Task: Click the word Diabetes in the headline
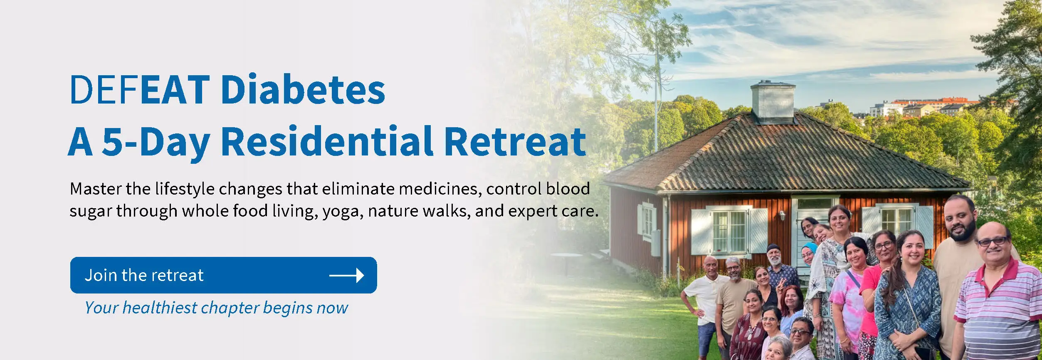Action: tap(303, 89)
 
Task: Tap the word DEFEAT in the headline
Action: tap(140, 89)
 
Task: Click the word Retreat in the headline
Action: tap(515, 142)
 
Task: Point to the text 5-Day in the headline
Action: tap(156, 143)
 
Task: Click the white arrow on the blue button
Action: tap(346, 275)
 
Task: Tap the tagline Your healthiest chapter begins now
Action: tap(216, 308)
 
